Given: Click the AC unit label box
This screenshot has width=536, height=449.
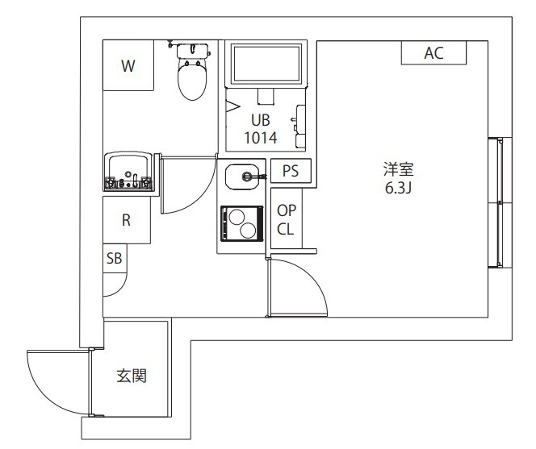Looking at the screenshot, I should pos(433,53).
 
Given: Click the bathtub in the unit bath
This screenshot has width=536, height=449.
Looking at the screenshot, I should pos(267,64).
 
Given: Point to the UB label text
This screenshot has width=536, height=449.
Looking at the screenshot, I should pos(259,121).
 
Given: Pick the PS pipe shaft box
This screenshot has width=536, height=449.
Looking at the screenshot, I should pos(291,171).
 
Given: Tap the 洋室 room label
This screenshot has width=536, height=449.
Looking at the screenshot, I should pos(398,169).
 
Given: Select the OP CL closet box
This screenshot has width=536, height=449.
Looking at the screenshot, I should pos(286,218).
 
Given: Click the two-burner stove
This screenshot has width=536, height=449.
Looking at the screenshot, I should pos(241,222).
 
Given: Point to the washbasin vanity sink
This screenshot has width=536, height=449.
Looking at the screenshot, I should pos(128,172).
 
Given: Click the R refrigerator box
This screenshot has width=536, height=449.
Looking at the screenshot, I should pos(127,220).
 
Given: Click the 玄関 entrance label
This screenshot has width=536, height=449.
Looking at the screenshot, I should pos(131,376).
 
